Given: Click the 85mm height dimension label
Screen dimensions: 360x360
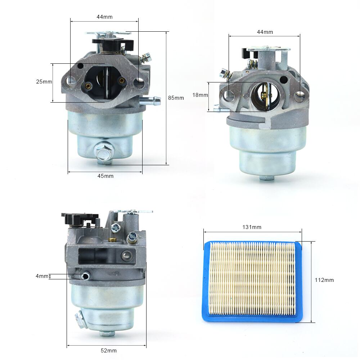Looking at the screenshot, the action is click(176, 98).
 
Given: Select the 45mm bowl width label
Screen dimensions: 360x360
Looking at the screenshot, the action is click(105, 176).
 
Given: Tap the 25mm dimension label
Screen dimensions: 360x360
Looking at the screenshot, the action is click(44, 81).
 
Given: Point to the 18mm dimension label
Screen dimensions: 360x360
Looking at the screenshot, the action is click(200, 95).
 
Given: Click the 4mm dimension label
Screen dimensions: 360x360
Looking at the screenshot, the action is click(42, 276).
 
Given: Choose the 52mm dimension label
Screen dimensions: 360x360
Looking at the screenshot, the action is click(109, 350).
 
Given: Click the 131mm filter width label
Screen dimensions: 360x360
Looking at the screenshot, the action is click(252, 227).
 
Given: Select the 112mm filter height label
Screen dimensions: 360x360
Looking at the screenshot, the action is click(324, 280).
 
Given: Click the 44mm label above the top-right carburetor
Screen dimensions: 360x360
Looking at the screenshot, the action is click(265, 32).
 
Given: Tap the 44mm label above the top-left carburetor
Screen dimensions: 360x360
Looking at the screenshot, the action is click(104, 17).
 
